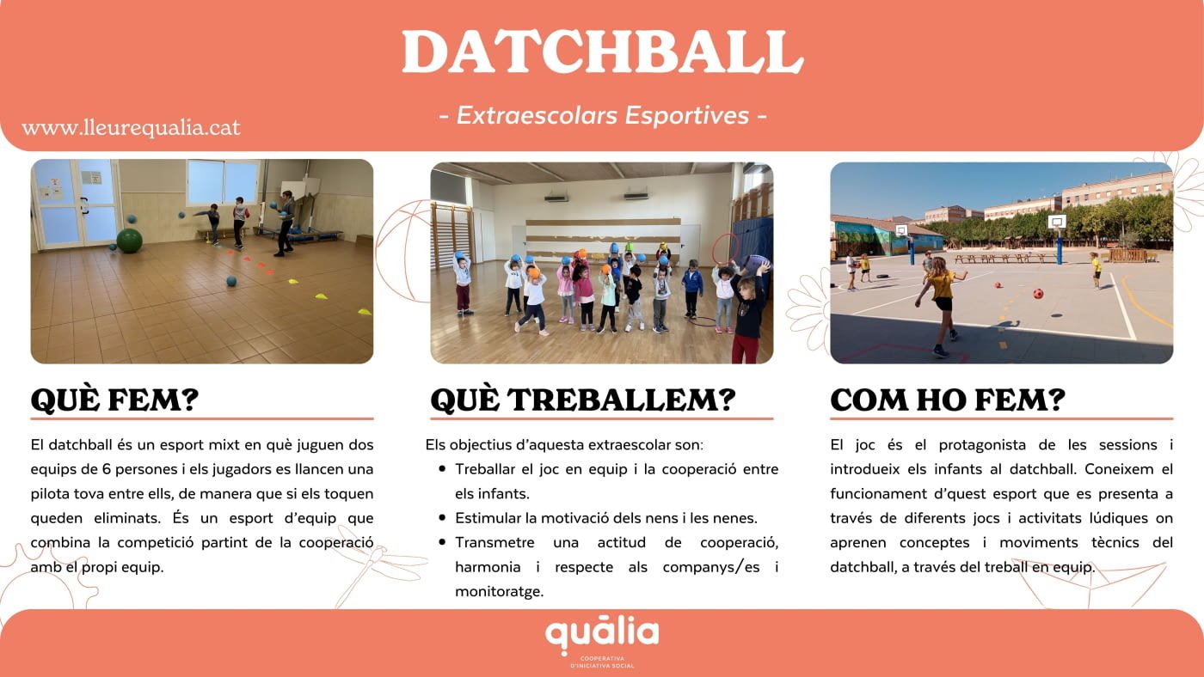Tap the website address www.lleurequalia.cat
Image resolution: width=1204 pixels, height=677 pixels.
pos(131,127)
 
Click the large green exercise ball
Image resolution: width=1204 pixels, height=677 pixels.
pos(130,241)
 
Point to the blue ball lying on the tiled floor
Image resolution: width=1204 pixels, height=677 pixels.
pos(231,281)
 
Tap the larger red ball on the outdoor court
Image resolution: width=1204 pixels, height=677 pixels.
pos(1039,294)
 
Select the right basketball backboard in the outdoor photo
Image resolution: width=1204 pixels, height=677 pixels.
pos(1057,222)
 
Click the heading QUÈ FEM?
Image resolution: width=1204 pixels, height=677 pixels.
pos(114,400)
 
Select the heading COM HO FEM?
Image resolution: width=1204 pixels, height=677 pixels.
pos(948,400)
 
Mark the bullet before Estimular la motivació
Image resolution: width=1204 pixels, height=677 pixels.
pos(442,518)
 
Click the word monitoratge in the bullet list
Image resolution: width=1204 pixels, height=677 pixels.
pos(500,592)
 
